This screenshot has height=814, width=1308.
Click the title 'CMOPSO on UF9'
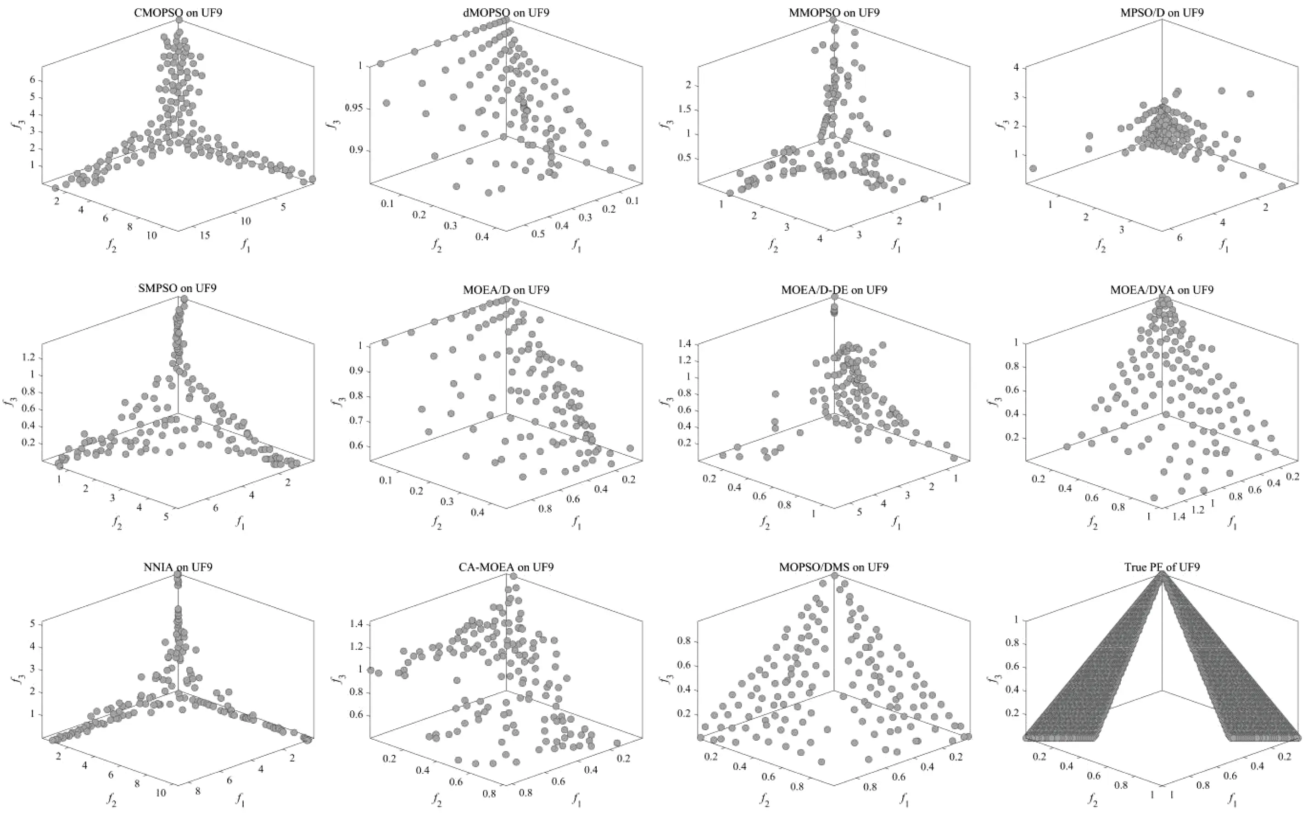coord(178,12)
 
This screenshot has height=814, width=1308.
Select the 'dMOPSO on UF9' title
coord(506,12)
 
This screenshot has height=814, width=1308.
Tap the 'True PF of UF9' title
coord(1162,567)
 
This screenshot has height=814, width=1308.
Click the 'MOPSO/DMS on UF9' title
coord(833,567)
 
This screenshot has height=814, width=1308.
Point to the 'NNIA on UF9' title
coord(178,567)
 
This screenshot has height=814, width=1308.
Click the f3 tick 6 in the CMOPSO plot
coord(32,80)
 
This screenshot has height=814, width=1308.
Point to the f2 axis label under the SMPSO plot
coord(117,522)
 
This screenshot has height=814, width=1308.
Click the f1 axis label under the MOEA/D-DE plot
coord(895,522)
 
